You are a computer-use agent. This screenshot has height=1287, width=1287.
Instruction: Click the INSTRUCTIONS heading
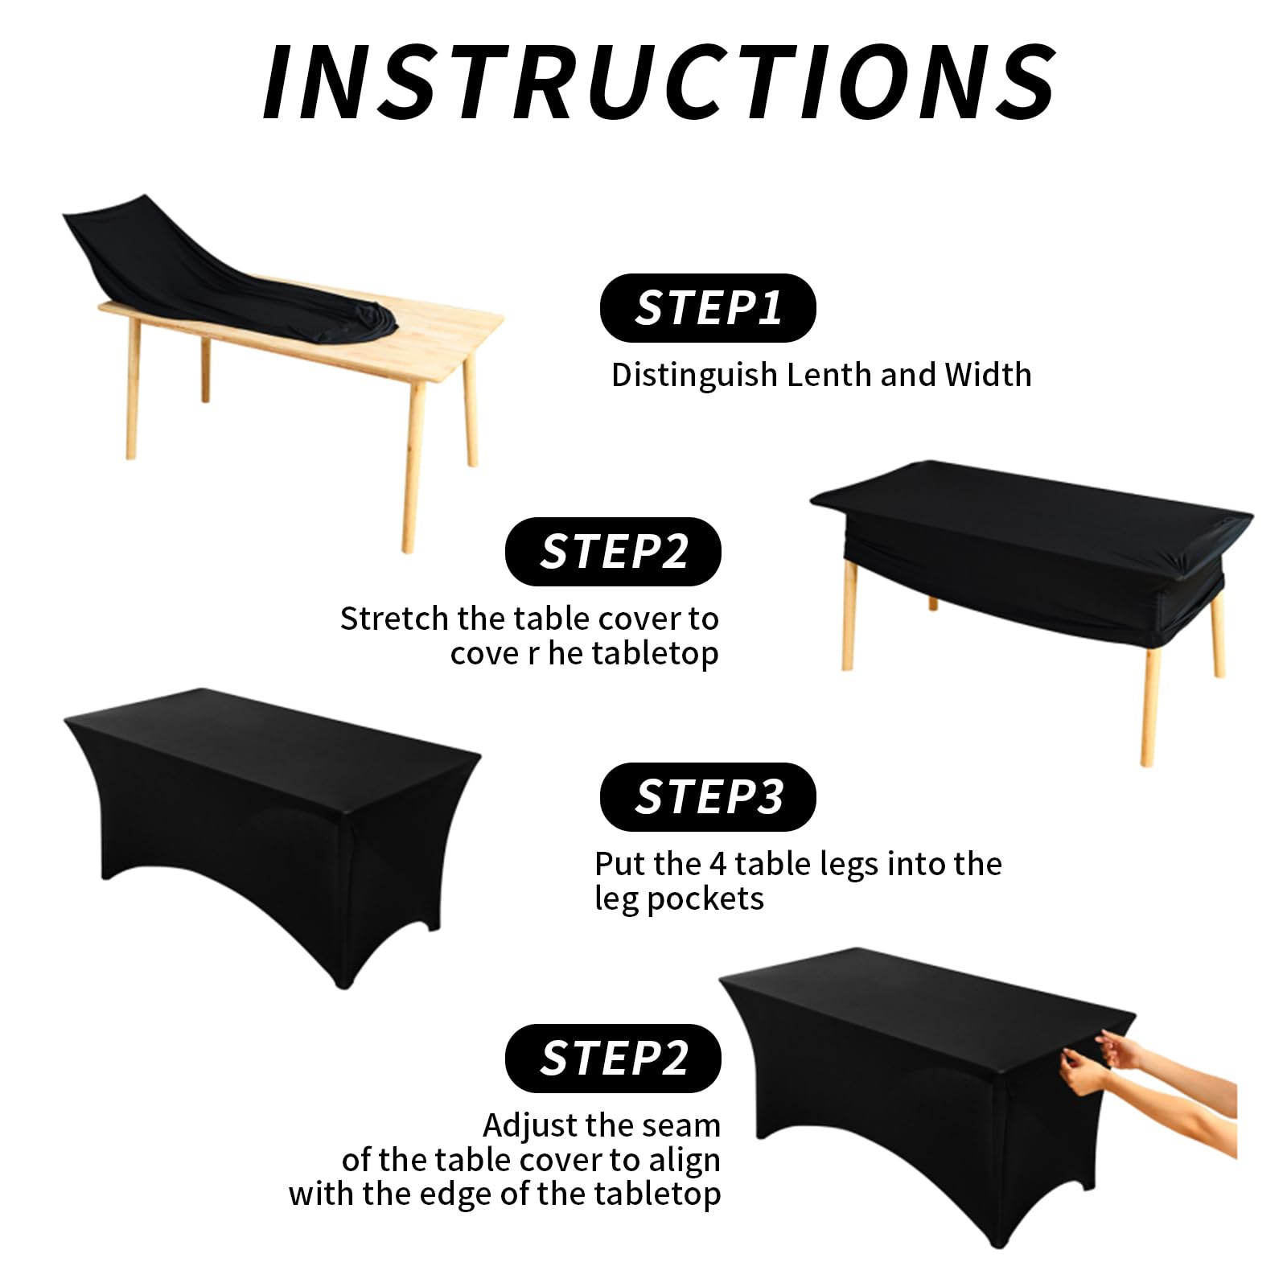[x=660, y=81]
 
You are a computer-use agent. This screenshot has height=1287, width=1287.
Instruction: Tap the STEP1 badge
[x=708, y=307]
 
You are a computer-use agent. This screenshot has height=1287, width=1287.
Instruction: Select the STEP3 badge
[x=708, y=796]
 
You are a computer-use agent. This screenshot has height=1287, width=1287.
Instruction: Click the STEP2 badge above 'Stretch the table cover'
[x=613, y=551]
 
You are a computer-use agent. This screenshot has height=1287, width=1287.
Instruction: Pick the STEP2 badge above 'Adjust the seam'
[x=613, y=1058]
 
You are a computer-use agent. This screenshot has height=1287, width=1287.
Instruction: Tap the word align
[x=685, y=1161]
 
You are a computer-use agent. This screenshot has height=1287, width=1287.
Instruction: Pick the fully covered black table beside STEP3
[x=272, y=837]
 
